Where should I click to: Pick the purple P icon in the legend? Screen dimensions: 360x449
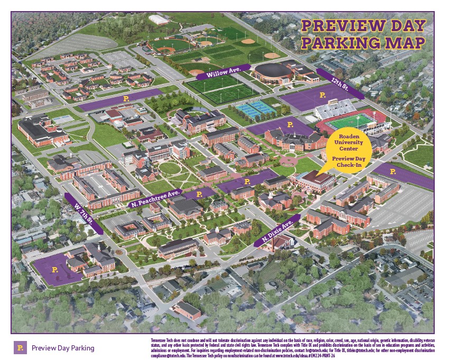20,348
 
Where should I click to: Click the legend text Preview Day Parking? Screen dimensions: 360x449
63,348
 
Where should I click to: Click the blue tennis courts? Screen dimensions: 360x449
256,109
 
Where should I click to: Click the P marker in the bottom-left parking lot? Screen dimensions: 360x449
55,269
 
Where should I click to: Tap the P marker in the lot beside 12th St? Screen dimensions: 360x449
323,94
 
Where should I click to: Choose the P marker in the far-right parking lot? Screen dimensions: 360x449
392,172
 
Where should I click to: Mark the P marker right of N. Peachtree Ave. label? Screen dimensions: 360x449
199,194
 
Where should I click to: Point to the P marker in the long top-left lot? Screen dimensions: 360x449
126,98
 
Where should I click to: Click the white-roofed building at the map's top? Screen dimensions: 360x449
159,20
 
